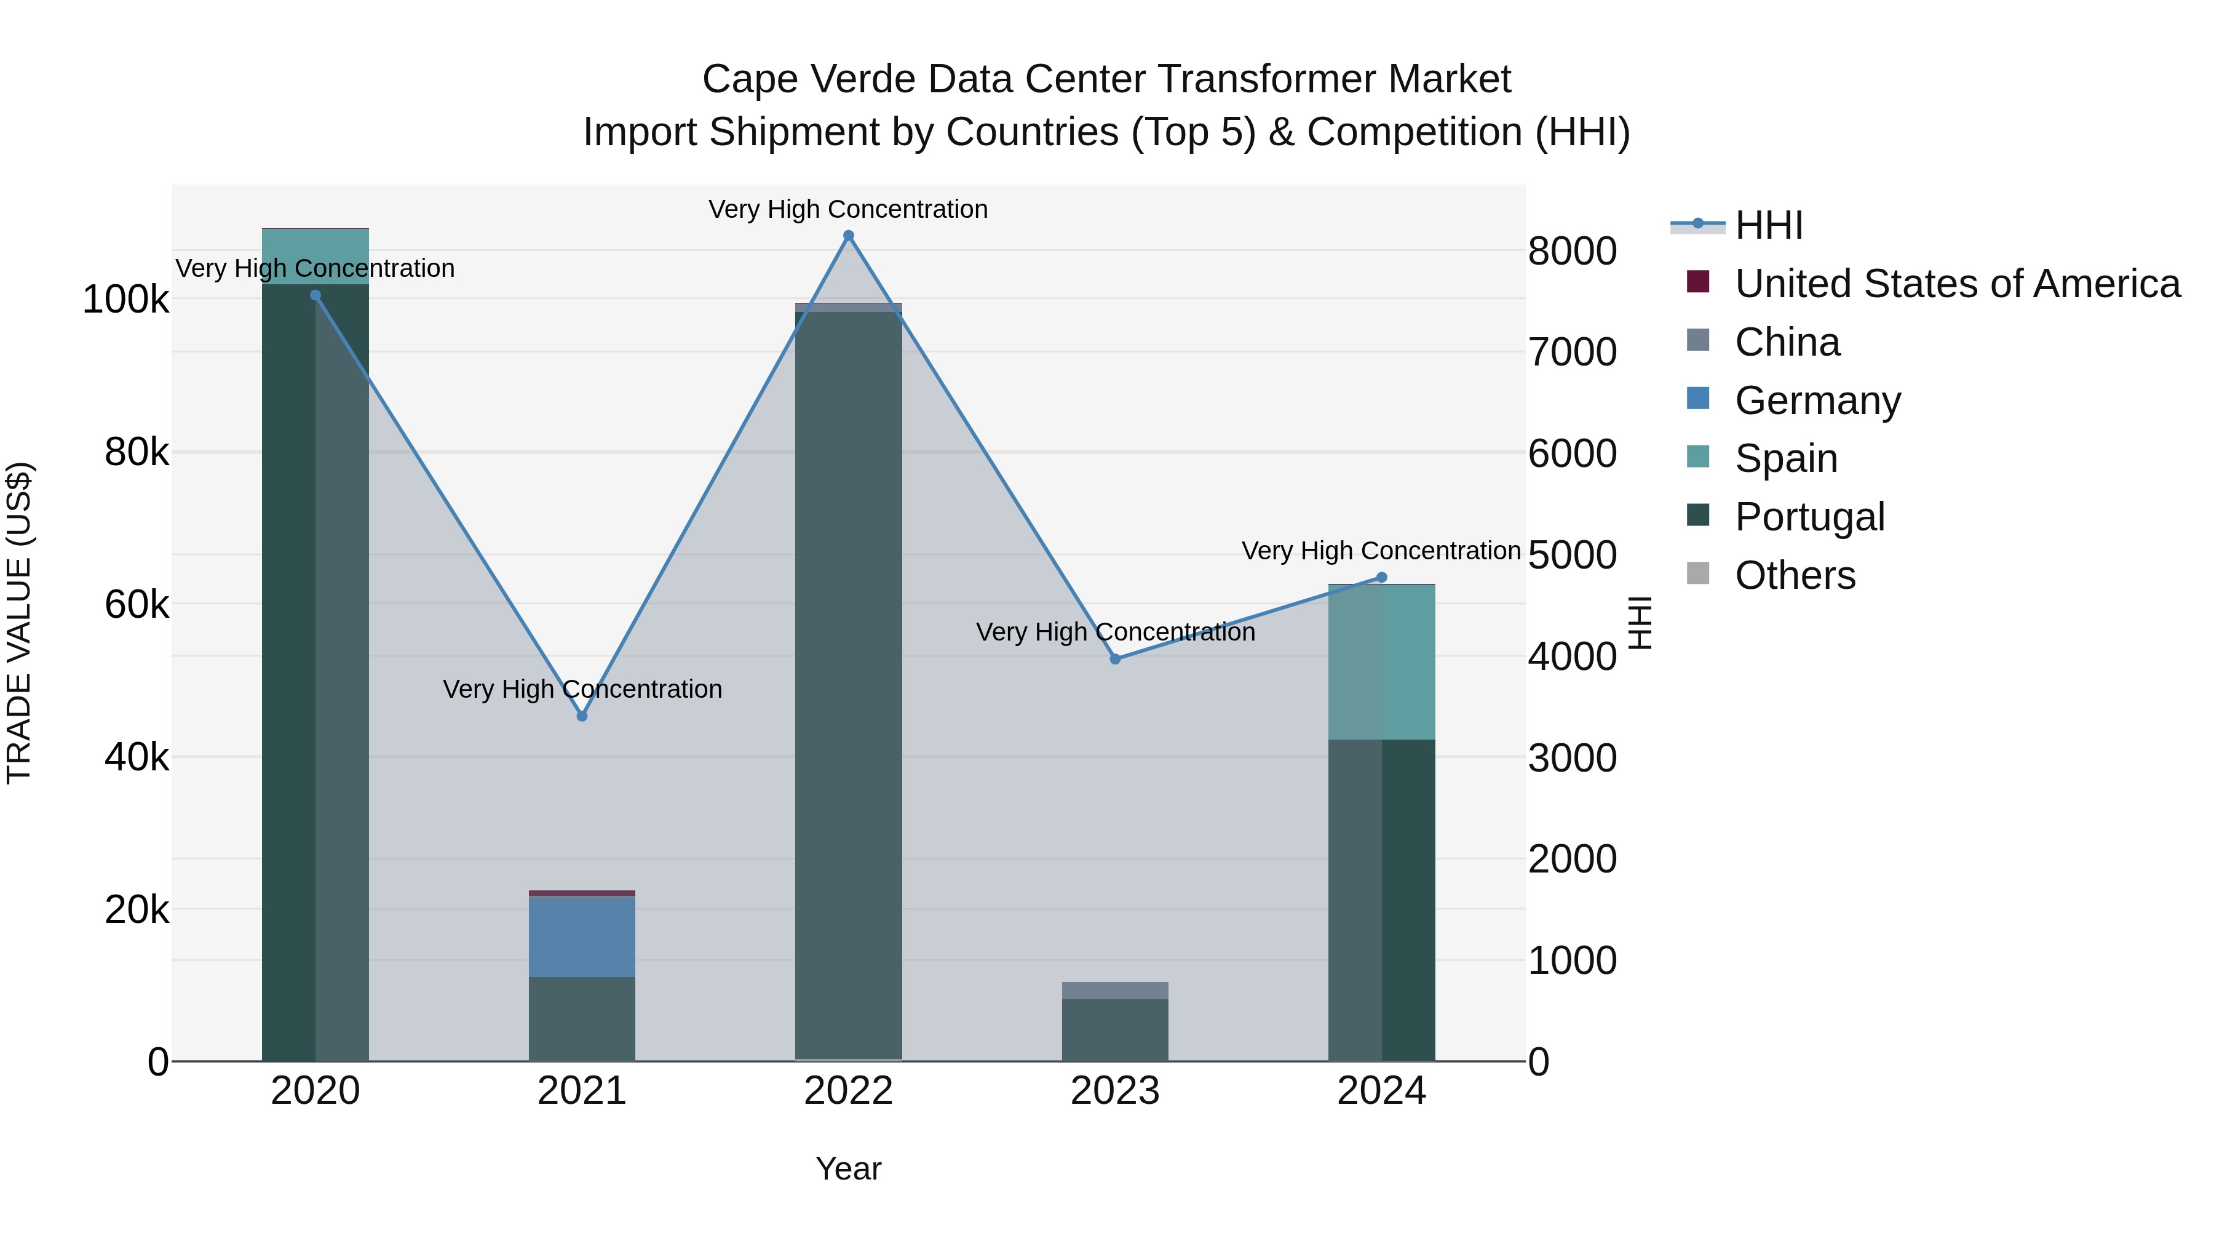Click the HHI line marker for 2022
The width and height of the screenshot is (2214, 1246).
tap(848, 236)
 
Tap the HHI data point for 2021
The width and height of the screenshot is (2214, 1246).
tap(582, 716)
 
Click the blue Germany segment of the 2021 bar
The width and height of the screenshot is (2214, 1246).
tap(582, 936)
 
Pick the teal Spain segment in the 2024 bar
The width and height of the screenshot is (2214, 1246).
tap(1381, 662)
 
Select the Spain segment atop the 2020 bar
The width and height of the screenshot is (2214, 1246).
tap(315, 256)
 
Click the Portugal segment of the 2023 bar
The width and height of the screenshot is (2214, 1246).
tap(1115, 1029)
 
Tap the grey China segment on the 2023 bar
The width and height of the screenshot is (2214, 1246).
tap(1115, 991)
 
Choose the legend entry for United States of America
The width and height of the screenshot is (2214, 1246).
tap(1957, 284)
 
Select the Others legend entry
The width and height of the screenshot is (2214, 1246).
tap(1795, 575)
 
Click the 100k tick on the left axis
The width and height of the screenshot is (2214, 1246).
tap(125, 300)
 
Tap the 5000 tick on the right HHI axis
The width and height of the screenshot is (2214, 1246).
tap(1572, 556)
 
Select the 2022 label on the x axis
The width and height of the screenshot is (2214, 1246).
tap(848, 1091)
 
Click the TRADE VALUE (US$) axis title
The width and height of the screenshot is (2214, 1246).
tap(19, 623)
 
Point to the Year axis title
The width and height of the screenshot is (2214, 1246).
tap(848, 1168)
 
